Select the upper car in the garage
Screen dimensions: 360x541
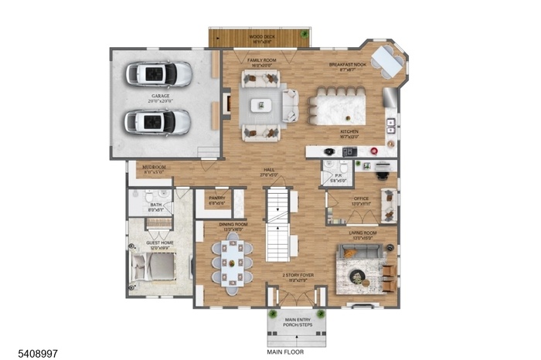(159, 73)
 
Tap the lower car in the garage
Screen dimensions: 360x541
(158, 121)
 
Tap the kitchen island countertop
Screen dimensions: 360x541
(339, 105)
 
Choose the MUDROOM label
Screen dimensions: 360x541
(154, 170)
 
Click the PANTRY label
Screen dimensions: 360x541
(216, 199)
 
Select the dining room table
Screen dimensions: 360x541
(232, 261)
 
